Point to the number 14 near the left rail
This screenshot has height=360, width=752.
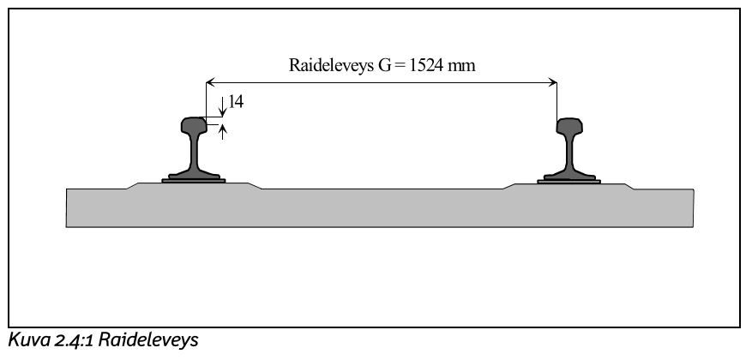coord(236,102)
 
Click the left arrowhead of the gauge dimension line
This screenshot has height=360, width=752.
coord(210,82)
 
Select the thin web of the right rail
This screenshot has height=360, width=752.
coord(569,154)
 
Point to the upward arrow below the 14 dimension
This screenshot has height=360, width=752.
coord(222,131)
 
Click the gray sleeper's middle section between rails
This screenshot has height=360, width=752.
coord(382,207)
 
